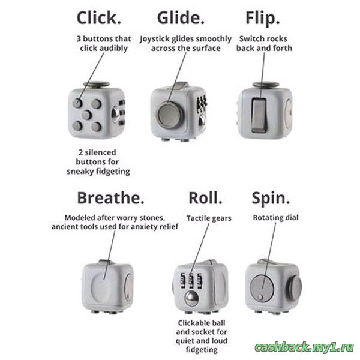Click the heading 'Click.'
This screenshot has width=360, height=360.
(99, 18)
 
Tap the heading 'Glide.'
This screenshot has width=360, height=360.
(181, 18)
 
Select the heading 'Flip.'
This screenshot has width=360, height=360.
(263, 19)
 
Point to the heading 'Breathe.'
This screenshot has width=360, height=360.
(110, 197)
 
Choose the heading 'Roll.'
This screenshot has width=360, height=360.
(205, 197)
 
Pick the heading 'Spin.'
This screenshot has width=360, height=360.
(271, 199)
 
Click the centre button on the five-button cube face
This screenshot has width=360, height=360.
(87, 115)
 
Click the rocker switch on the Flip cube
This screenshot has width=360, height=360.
(259, 115)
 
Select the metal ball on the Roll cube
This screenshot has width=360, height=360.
(191, 298)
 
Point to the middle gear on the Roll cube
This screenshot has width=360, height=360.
(191, 281)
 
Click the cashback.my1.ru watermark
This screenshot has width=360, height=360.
(304, 347)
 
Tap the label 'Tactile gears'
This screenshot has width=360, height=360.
(209, 218)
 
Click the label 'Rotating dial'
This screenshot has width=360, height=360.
(275, 218)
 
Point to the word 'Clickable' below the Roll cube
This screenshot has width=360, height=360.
(192, 323)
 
